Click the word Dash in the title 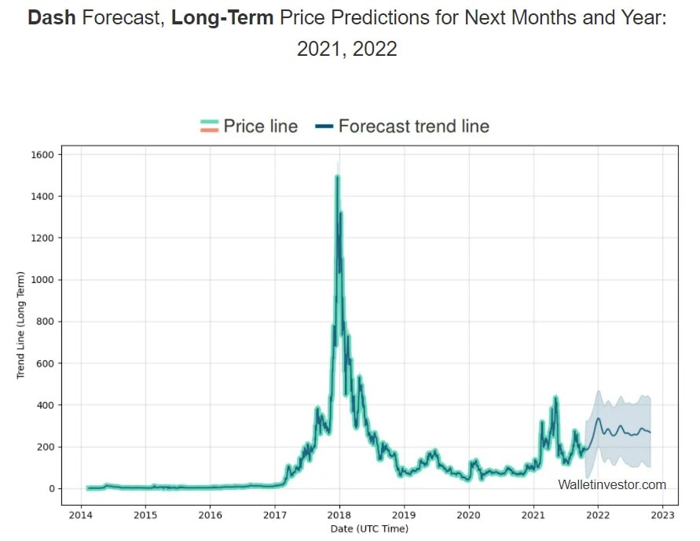click(x=52, y=18)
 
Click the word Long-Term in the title click(x=222, y=18)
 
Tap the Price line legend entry click(x=249, y=126)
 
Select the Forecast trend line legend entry click(x=402, y=126)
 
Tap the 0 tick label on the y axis click(x=51, y=488)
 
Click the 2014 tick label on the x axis click(x=80, y=516)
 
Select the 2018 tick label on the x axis click(x=339, y=516)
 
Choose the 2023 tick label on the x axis click(x=662, y=516)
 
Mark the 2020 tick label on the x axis click(x=468, y=516)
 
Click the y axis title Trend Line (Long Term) click(x=21, y=325)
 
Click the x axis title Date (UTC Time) click(x=369, y=529)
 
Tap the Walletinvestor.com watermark click(x=612, y=484)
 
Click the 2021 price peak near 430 click(x=555, y=399)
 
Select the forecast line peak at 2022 click(x=598, y=419)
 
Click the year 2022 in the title click(x=375, y=48)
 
